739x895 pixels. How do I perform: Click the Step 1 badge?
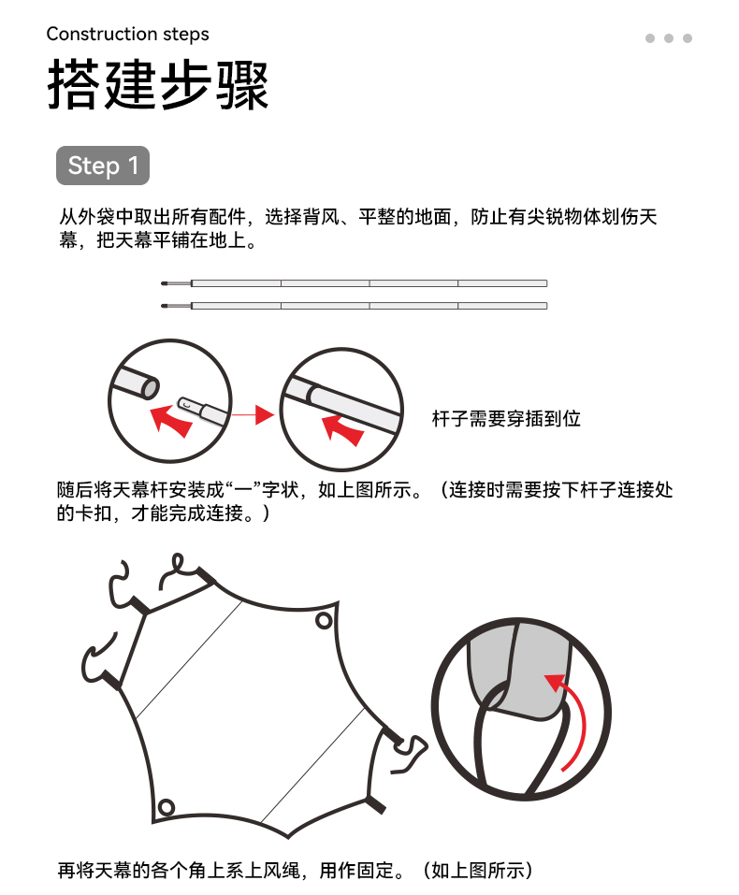point(103,166)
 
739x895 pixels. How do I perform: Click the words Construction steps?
point(127,35)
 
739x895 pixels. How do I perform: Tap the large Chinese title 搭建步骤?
point(158,84)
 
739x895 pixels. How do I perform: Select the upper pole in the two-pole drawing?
point(355,283)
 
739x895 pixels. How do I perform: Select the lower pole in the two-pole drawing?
point(355,306)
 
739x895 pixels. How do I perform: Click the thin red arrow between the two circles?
point(253,415)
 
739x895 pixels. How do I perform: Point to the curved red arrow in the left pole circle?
point(170,421)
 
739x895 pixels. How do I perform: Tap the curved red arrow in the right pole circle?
point(342,429)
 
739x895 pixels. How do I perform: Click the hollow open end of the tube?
point(151,387)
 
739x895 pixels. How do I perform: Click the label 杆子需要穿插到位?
point(506,418)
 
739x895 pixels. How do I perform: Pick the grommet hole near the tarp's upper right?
point(324,620)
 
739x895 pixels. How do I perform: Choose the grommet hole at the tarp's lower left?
point(166,808)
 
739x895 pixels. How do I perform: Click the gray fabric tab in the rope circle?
point(520,671)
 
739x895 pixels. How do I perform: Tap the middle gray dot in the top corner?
point(669,38)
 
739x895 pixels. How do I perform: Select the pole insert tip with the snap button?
point(192,406)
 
